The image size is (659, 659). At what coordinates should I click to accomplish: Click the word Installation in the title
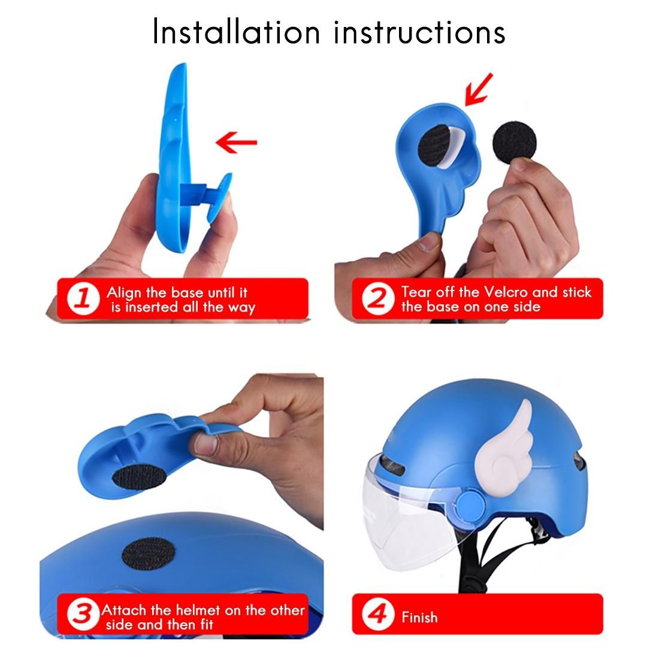point(236,32)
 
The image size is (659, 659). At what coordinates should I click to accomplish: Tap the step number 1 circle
point(83,299)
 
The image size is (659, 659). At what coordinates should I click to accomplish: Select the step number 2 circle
point(378,298)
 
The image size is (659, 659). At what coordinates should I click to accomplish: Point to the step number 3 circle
point(83,615)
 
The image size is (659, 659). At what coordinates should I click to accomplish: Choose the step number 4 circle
point(378,615)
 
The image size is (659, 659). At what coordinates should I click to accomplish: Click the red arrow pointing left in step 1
point(236,142)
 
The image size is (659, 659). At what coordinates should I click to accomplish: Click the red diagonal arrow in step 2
point(478,89)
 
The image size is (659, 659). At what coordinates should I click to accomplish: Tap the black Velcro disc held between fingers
point(515,141)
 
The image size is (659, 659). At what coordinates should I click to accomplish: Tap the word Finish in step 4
point(419,617)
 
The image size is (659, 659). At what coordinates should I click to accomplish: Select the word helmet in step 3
point(198,610)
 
